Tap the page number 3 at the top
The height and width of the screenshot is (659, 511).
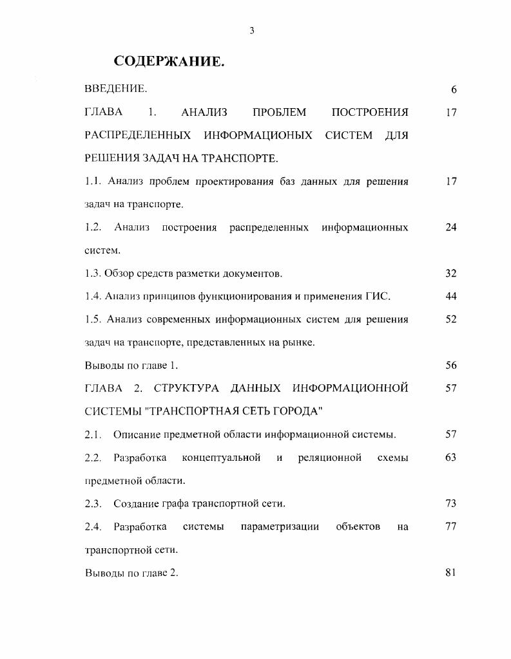253,30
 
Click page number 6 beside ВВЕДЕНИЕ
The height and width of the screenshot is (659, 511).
454,89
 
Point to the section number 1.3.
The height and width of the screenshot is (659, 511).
93,274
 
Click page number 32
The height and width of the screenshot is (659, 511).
450,274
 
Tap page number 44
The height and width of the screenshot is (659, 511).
450,297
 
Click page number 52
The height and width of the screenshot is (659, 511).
450,319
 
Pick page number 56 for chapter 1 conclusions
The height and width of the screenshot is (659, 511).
450,366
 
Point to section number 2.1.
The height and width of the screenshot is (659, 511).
93,434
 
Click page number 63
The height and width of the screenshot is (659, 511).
450,458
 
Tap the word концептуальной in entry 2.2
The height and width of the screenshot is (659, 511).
221,458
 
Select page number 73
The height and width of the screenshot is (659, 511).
450,503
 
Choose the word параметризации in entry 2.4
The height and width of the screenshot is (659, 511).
280,526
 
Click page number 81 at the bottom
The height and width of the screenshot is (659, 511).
450,573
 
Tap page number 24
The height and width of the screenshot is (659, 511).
450,228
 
